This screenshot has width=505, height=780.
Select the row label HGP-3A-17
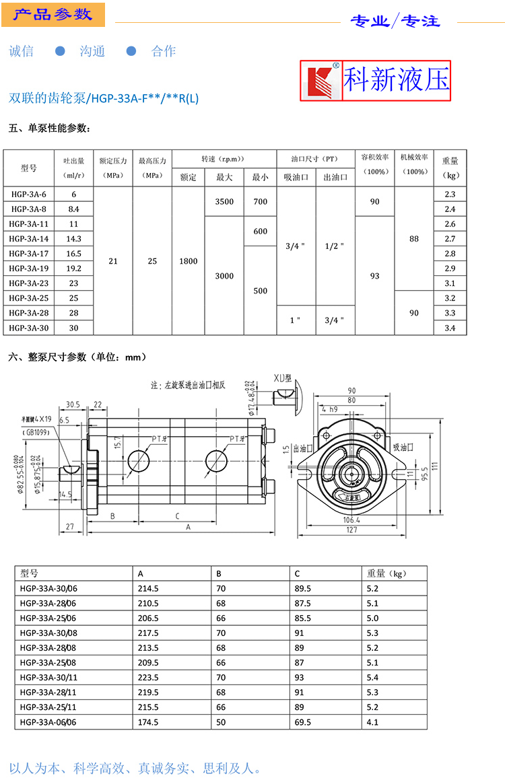(x=30, y=254)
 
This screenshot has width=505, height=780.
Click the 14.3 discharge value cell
(x=73, y=239)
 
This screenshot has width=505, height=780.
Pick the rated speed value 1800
(x=189, y=261)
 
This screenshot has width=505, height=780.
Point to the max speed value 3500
(x=224, y=202)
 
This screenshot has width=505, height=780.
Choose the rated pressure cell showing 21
(x=112, y=261)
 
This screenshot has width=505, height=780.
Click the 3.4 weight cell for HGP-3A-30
(x=450, y=328)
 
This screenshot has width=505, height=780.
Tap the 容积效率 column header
(x=374, y=163)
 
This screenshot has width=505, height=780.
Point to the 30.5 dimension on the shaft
(x=73, y=405)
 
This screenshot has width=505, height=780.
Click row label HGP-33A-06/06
(x=48, y=722)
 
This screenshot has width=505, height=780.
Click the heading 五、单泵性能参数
(x=48, y=129)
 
